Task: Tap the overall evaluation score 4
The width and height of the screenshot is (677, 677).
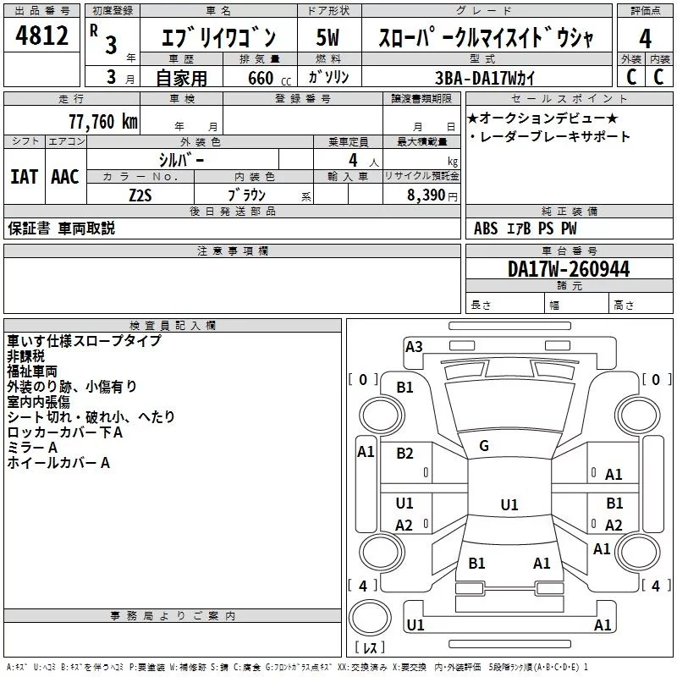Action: click(x=645, y=39)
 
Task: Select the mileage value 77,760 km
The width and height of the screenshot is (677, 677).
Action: click(x=102, y=121)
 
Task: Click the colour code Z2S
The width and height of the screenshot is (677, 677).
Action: click(x=140, y=194)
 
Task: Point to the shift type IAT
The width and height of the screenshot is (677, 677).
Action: click(x=24, y=177)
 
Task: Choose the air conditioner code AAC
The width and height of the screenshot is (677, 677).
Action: click(x=64, y=177)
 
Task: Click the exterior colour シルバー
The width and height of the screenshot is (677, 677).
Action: click(x=181, y=159)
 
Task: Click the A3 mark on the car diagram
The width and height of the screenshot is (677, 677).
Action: click(x=414, y=346)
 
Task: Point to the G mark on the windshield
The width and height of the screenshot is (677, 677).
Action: click(x=483, y=446)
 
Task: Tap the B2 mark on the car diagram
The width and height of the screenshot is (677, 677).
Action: click(x=405, y=454)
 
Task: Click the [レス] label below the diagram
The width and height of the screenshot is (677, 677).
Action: click(x=369, y=648)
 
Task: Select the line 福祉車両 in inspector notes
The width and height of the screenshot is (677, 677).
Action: click(x=32, y=372)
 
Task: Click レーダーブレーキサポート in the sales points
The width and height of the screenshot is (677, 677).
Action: click(x=553, y=136)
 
